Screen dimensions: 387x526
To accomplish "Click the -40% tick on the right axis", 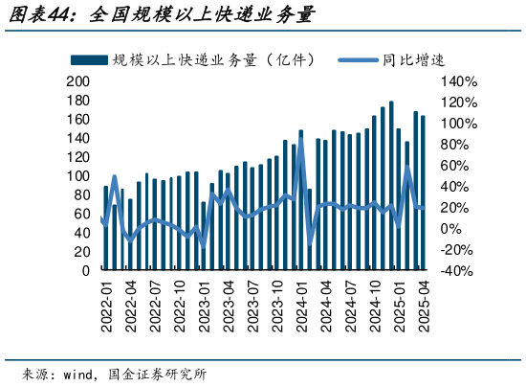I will coord(457,271).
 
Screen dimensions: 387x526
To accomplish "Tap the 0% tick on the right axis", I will coord(451,229).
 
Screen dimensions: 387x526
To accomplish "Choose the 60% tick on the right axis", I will coord(455,166).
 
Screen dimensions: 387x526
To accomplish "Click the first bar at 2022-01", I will coord(106,228).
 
